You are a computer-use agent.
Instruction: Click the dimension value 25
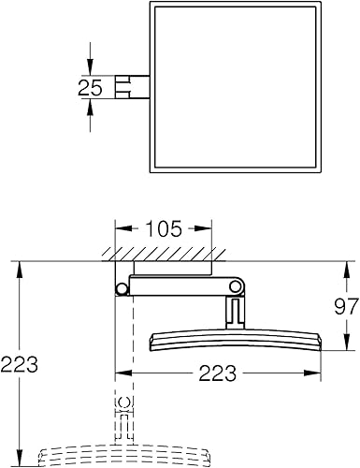click(x=90, y=87)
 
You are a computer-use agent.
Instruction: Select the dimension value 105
click(x=164, y=228)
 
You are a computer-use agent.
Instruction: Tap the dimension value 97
click(x=346, y=307)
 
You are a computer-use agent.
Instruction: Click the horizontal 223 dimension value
click(x=218, y=373)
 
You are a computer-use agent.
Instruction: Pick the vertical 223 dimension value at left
click(x=20, y=364)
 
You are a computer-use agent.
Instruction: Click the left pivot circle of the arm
click(x=122, y=289)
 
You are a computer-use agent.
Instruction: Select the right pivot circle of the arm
click(x=236, y=286)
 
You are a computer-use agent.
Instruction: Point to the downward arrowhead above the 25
click(x=90, y=68)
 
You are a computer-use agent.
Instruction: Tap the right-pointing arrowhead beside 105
click(x=204, y=228)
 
